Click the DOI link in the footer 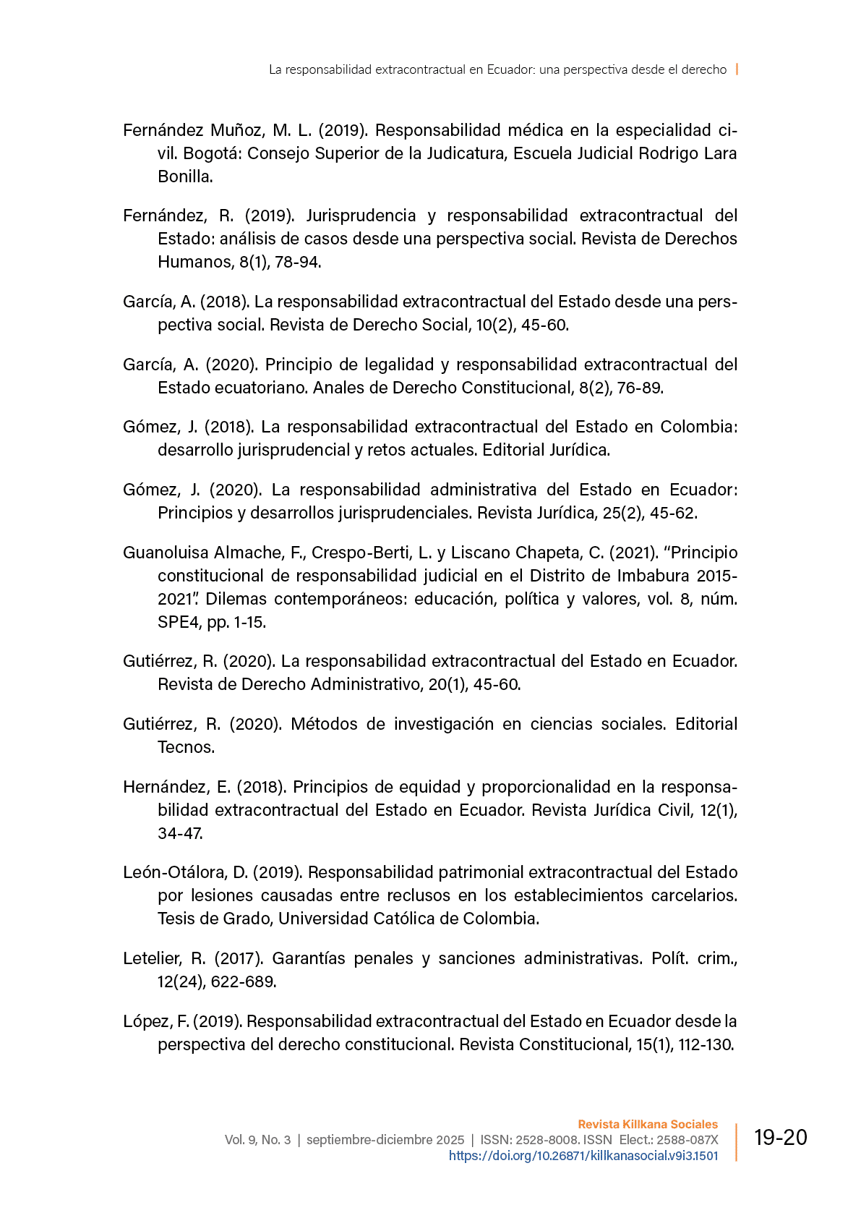coord(583,1156)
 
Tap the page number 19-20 coord(780,1138)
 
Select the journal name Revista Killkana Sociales coord(648,1124)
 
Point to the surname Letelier coord(153,958)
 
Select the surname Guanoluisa coord(166,553)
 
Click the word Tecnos coord(186,747)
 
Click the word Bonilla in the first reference coord(184,176)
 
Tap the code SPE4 coord(179,622)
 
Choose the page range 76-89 coord(641,388)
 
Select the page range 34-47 coord(180,833)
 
